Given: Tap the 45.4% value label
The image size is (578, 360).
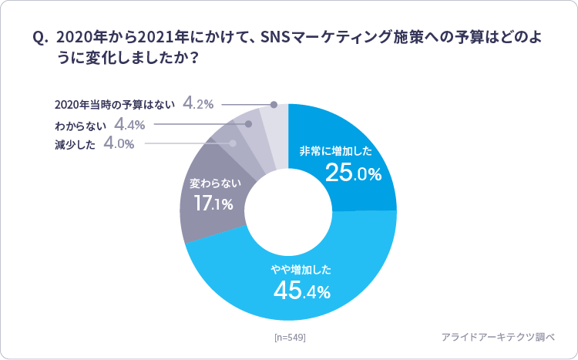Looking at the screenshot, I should tap(302, 291).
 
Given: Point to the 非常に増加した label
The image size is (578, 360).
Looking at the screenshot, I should tap(340, 150).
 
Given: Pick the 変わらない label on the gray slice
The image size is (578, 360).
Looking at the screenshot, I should tap(215, 183).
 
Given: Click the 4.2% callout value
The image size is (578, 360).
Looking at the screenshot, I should tap(198, 104).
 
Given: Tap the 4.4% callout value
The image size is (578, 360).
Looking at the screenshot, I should tap(130, 124).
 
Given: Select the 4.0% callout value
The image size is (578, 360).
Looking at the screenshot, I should tap(119, 143).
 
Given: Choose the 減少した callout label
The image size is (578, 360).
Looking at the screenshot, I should tap(75, 144).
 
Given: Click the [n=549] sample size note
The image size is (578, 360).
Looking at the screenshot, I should tap(290, 337).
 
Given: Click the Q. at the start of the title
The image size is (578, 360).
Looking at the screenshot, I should tap(40, 37).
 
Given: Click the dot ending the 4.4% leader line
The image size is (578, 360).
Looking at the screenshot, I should tap(249, 123).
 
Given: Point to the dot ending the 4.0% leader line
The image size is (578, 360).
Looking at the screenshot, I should tap(232, 143).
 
